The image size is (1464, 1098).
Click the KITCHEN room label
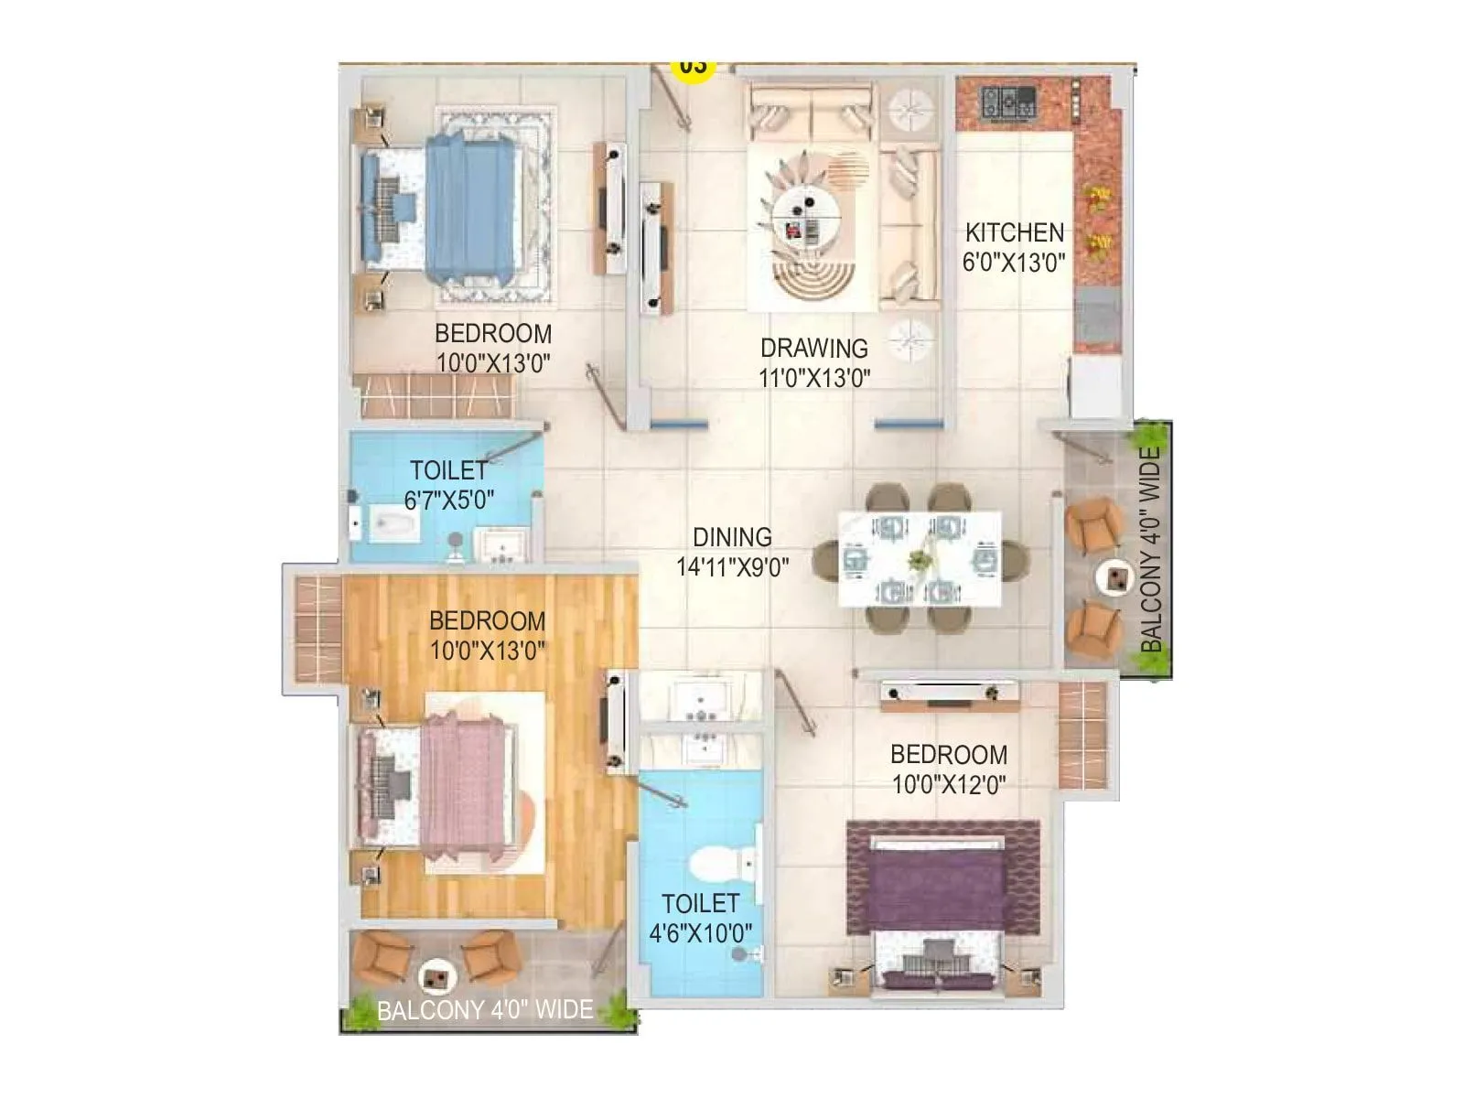click(1014, 232)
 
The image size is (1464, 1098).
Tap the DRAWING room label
click(813, 348)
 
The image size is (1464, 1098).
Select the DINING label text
click(732, 537)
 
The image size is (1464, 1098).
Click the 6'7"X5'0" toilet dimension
click(449, 501)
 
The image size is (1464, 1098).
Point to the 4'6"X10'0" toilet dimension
click(701, 934)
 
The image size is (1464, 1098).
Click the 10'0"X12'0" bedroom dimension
click(949, 784)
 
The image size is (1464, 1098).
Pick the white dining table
click(920, 558)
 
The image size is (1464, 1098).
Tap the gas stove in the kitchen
click(1008, 101)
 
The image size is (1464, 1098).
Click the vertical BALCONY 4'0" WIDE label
click(1151, 549)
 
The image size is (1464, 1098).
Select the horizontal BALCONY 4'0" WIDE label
click(485, 1010)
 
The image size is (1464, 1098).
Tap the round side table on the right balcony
click(1116, 576)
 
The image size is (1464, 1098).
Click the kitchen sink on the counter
click(1096, 314)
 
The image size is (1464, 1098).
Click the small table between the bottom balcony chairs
click(436, 978)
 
